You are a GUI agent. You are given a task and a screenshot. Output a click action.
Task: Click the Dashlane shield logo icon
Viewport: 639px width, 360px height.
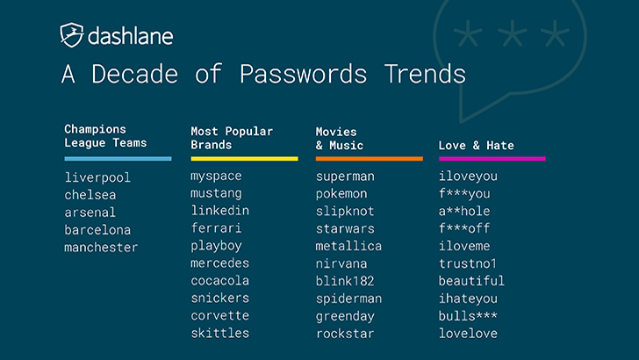(72, 35)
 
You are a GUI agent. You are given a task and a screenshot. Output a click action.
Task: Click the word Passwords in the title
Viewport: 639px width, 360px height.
(303, 74)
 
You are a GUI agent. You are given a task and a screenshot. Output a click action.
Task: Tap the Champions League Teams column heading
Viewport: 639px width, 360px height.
(105, 136)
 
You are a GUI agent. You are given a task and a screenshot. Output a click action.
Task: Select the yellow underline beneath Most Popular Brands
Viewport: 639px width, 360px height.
(244, 159)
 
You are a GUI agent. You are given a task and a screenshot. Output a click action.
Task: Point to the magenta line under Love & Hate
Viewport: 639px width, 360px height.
(492, 159)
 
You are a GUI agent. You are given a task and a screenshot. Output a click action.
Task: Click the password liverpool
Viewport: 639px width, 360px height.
(97, 177)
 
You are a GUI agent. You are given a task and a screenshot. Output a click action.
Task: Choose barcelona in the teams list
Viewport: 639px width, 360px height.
(97, 229)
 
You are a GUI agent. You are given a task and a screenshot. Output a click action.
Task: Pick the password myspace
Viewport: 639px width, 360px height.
(216, 176)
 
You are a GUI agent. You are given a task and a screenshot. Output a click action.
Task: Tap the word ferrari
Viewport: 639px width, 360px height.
(216, 227)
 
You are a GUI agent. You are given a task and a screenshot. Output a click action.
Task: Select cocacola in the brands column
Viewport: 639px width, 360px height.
(219, 280)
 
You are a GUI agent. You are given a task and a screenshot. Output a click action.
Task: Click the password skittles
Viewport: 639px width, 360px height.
(219, 333)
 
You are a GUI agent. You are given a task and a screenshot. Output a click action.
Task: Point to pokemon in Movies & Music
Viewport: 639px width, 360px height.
(341, 194)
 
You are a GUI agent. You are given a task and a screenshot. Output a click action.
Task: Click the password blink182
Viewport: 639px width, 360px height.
(345, 281)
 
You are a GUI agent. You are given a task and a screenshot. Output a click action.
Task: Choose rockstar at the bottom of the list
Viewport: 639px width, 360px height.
(345, 334)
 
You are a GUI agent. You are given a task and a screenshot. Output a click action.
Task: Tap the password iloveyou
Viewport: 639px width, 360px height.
(468, 176)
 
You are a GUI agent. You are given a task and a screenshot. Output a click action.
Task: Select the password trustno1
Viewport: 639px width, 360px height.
(468, 263)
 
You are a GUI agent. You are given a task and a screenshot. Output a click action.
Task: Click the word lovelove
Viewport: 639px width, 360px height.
(468, 333)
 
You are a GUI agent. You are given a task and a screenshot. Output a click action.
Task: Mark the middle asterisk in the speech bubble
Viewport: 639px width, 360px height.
(513, 33)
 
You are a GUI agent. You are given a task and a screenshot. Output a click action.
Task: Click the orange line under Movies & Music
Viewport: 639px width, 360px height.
(370, 159)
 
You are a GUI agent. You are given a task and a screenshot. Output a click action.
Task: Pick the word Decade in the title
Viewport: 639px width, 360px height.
(134, 74)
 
